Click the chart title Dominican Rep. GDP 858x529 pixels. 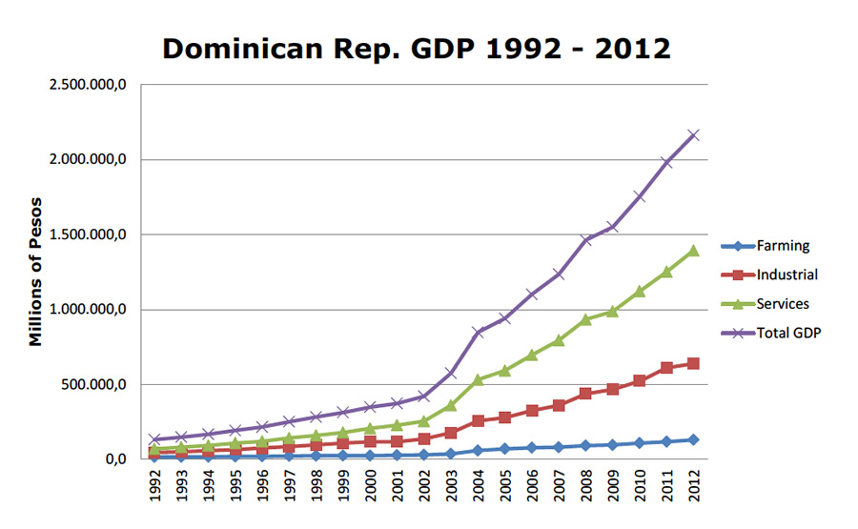417,49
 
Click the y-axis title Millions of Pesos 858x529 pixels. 36,273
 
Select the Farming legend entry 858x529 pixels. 782,246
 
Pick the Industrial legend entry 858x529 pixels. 787,275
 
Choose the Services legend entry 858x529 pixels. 783,304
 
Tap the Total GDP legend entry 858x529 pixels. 787,333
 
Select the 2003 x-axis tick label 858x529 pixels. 452,487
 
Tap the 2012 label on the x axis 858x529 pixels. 694,487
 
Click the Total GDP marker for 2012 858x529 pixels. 694,135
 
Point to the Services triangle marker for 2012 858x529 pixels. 694,251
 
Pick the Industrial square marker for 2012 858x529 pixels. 694,363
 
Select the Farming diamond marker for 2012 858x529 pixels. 694,439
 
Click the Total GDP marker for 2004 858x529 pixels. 479,332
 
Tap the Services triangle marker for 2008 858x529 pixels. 586,319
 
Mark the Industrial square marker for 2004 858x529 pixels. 479,420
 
